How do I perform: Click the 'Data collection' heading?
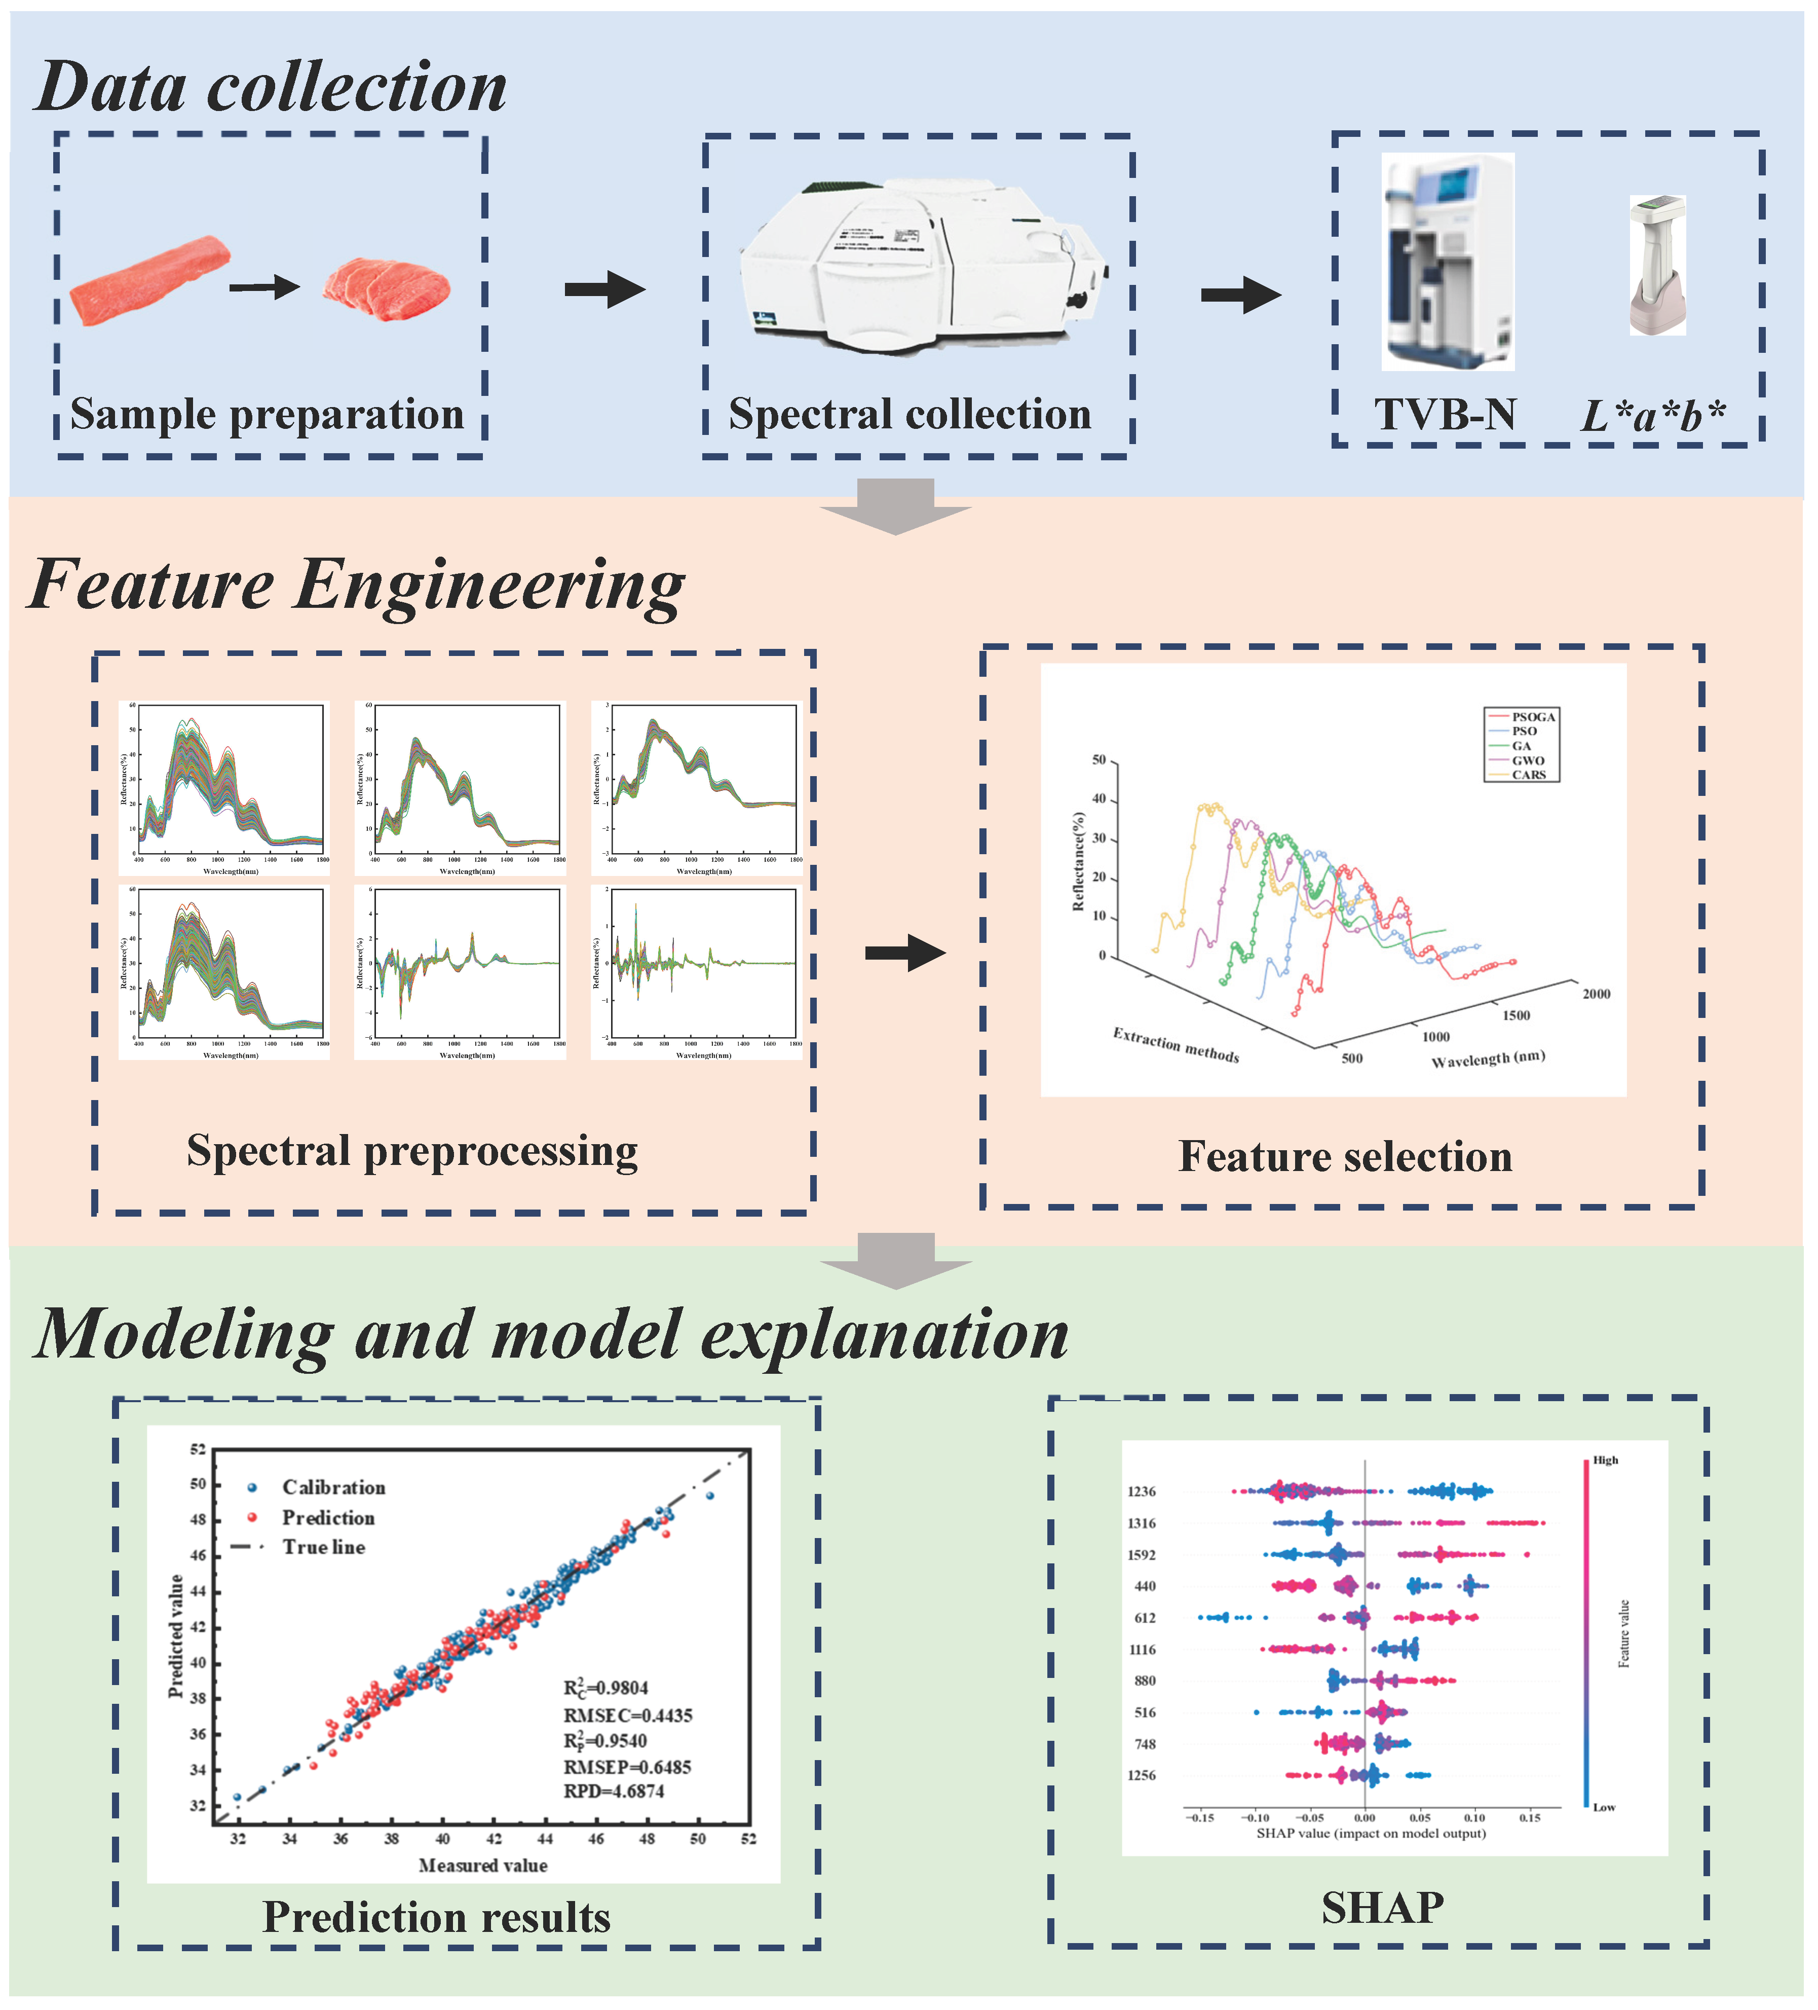tap(271, 88)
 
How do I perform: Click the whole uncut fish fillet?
tap(149, 281)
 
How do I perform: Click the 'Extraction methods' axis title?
tap(1176, 1045)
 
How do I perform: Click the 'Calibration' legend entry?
tap(333, 1487)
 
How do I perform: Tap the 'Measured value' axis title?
tap(482, 1866)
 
